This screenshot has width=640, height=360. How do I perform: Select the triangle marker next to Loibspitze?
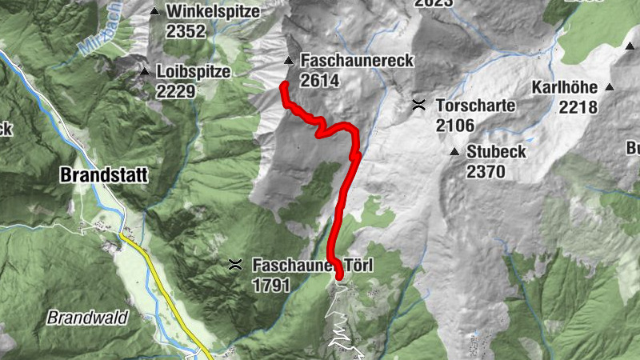145,72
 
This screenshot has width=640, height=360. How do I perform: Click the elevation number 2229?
176,91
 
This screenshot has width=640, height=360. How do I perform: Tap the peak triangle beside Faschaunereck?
288,61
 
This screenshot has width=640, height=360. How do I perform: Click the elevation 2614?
320,80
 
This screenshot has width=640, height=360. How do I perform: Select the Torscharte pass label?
475,106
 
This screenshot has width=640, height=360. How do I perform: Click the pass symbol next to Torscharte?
418,105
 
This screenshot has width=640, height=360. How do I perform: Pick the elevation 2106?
455,125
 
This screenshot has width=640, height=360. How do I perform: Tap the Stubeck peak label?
496,151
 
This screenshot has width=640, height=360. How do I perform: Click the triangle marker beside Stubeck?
454,151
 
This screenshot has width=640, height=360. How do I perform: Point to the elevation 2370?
486,171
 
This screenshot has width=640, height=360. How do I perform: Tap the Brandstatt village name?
104,175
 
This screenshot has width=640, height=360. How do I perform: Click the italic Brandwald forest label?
87,318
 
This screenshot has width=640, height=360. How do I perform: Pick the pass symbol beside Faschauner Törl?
235,265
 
